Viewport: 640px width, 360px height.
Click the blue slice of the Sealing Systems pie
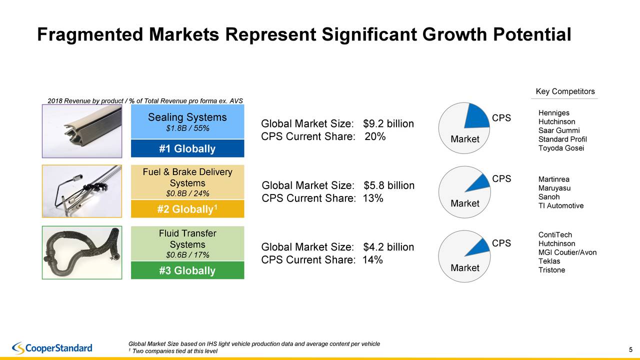(x=476, y=117)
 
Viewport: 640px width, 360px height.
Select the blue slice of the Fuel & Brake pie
(x=479, y=182)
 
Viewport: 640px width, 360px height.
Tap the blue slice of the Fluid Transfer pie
(x=480, y=246)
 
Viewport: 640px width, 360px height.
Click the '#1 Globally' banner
(x=187, y=149)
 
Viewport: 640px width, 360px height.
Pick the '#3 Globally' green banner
(x=187, y=271)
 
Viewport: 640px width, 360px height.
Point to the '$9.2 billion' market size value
(x=388, y=123)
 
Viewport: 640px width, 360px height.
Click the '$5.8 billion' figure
(x=388, y=185)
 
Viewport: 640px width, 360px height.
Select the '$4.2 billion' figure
(x=388, y=247)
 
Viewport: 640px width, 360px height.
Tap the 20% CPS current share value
(x=375, y=136)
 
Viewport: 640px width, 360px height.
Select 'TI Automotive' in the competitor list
(x=560, y=205)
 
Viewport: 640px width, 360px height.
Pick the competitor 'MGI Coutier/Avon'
(x=567, y=252)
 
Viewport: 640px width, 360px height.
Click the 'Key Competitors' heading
(x=565, y=91)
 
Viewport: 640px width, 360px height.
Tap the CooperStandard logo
(x=52, y=347)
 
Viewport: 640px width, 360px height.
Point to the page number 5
(x=631, y=349)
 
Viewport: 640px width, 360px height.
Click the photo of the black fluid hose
(x=82, y=252)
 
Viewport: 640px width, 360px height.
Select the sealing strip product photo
(x=82, y=131)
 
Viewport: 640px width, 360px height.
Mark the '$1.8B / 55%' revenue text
(x=187, y=128)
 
